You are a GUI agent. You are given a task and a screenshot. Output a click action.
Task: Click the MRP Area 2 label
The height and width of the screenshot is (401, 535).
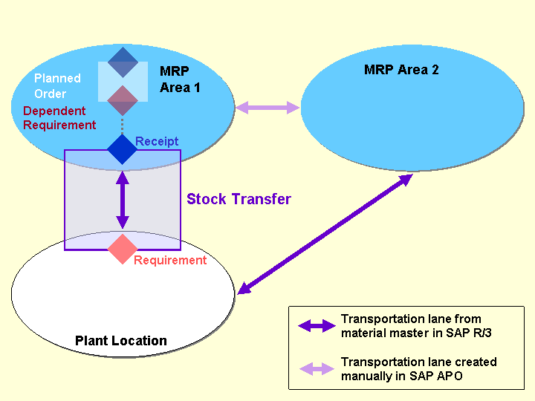pos(401,70)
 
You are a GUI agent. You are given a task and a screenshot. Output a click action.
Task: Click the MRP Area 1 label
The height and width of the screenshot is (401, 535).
pos(180,79)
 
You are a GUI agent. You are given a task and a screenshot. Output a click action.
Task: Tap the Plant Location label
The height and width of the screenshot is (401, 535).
pos(121,341)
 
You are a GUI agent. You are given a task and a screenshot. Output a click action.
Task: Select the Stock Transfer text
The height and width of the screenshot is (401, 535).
pos(239,199)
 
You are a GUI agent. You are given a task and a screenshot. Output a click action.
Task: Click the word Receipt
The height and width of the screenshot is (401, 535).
pos(157,141)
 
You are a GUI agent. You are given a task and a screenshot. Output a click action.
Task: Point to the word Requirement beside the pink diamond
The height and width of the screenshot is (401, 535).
pos(170,260)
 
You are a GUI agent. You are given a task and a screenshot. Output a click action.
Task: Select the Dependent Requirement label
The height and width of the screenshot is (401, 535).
pos(59,118)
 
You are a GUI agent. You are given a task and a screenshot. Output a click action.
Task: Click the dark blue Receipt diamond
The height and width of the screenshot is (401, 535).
pos(123,149)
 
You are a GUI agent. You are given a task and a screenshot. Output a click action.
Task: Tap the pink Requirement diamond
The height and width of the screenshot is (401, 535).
pos(123,249)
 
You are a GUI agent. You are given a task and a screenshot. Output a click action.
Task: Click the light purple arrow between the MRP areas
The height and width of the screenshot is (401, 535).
pos(267,108)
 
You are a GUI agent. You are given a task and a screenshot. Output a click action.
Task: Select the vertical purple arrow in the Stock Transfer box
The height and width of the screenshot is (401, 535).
pos(123,200)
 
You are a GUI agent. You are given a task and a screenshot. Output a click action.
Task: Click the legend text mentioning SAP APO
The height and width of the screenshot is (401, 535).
pos(418,368)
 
